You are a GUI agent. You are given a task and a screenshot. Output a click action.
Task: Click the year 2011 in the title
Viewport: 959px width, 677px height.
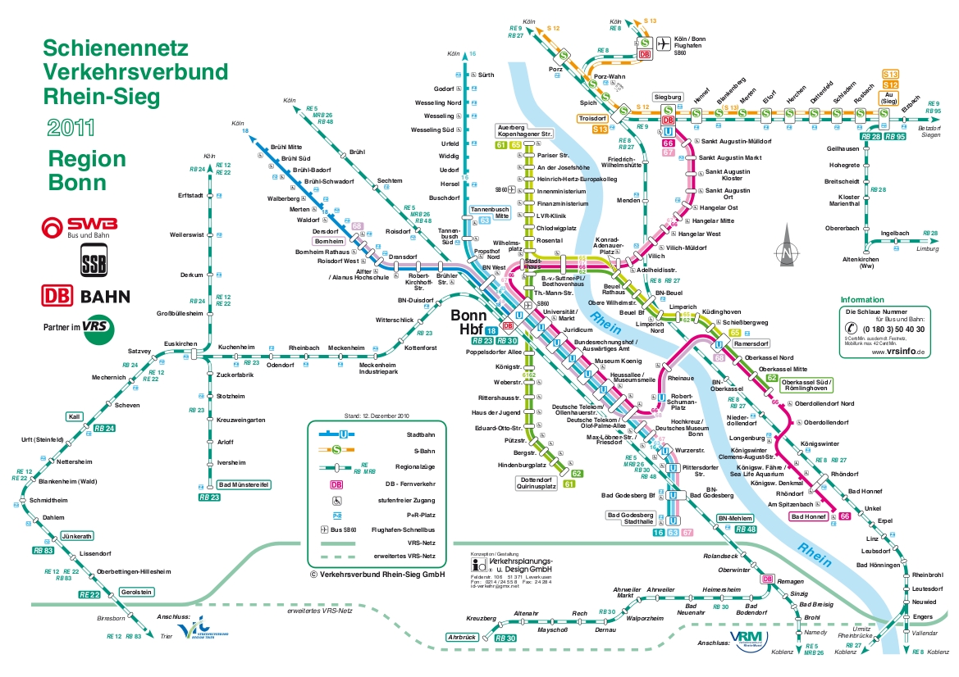[71, 127]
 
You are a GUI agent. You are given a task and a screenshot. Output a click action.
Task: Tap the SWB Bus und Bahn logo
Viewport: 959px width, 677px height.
[80, 227]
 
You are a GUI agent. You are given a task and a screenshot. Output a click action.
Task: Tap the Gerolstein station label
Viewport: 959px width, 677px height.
[135, 593]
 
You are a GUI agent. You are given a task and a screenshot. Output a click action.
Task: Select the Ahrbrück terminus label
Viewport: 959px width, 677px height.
[463, 637]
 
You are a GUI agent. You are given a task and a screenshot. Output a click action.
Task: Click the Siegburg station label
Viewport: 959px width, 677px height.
[668, 97]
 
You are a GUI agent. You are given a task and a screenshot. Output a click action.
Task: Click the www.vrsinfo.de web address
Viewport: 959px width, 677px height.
[899, 352]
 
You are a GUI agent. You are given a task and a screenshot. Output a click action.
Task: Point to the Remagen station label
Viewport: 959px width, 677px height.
[791, 580]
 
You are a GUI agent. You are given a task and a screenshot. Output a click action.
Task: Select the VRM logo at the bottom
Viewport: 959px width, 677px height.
[747, 639]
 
